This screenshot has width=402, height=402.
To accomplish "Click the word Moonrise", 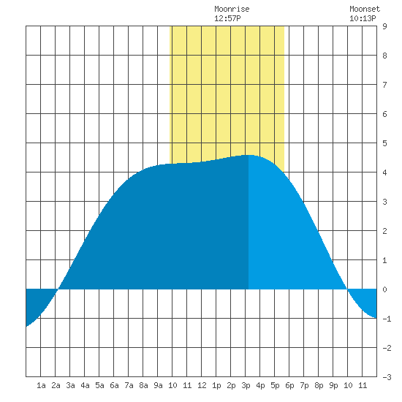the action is click(x=232, y=9).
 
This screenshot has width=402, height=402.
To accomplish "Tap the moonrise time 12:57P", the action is click(x=227, y=18).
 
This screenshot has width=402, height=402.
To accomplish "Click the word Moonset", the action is click(x=365, y=9).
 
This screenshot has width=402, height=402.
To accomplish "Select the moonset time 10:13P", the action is click(x=363, y=18).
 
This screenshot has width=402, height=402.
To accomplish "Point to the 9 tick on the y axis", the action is click(x=384, y=26).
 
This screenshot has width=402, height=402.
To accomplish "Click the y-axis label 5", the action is click(x=384, y=143).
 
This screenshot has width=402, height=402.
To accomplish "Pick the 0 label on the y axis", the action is click(x=384, y=289).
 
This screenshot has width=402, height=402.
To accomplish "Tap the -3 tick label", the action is click(x=387, y=377).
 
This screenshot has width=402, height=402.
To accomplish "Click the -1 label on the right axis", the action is click(x=387, y=319).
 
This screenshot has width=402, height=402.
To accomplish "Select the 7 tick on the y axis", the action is click(x=384, y=85).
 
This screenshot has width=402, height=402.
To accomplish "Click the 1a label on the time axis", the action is click(x=41, y=385).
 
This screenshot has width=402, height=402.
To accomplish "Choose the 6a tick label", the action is click(x=114, y=385).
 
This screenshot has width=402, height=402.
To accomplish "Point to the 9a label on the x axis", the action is click(x=158, y=385).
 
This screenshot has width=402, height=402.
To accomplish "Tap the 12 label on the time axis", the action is click(x=202, y=385).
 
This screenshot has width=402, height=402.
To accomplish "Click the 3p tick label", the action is click(x=246, y=385).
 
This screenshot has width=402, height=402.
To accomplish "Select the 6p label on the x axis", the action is click(x=289, y=385).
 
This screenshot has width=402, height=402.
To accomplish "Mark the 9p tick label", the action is click(x=333, y=385).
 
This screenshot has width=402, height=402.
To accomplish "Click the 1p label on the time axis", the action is click(x=216, y=385).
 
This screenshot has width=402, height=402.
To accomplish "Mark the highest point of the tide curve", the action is click(x=249, y=155).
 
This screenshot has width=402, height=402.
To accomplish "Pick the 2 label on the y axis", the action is click(x=384, y=231).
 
